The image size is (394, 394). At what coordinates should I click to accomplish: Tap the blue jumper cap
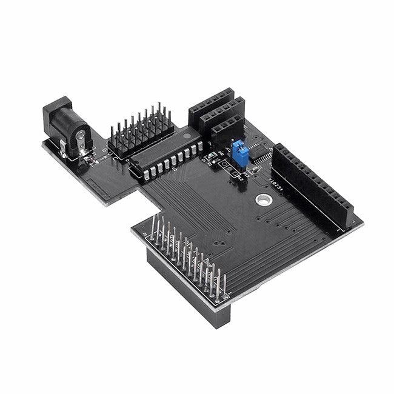pos(240,152)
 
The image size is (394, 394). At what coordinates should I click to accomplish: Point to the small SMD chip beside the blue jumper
pos(261,155)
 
